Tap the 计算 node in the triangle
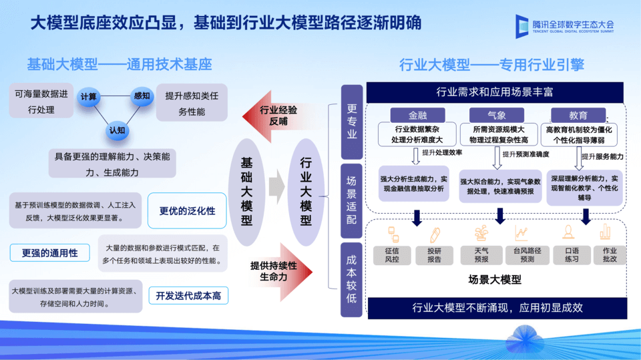pyautogui.click(x=89, y=97)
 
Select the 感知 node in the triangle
pyautogui.click(x=142, y=96)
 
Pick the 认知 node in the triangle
pyautogui.click(x=116, y=130)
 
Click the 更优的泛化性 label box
pyautogui.click(x=187, y=210)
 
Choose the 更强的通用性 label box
pyautogui.click(x=50, y=253)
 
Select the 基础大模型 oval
pyautogui.click(x=246, y=192)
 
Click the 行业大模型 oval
pyautogui.click(x=306, y=192)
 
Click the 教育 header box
pyautogui.click(x=578, y=115)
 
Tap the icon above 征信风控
pyautogui.click(x=392, y=233)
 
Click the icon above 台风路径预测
pyautogui.click(x=521, y=233)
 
